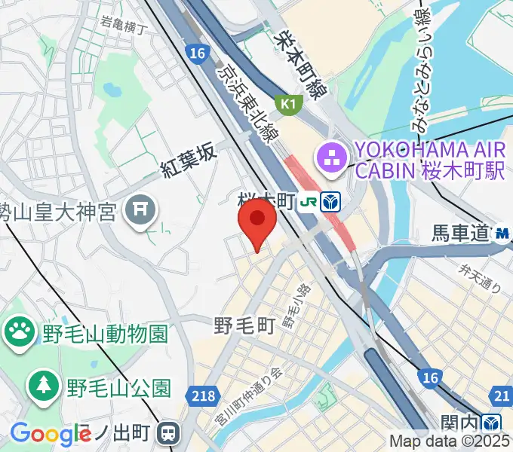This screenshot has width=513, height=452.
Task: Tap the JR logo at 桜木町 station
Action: point(309,202)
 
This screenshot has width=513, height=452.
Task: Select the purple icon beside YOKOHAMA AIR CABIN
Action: point(331,157)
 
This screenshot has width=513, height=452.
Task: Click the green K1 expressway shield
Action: point(288,104)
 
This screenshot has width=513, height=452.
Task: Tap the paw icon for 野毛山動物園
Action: point(20,330)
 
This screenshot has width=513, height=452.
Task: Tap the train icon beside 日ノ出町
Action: point(168,433)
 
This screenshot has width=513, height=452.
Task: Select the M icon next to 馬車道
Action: point(502,234)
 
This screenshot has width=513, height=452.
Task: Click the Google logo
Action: point(50,433)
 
